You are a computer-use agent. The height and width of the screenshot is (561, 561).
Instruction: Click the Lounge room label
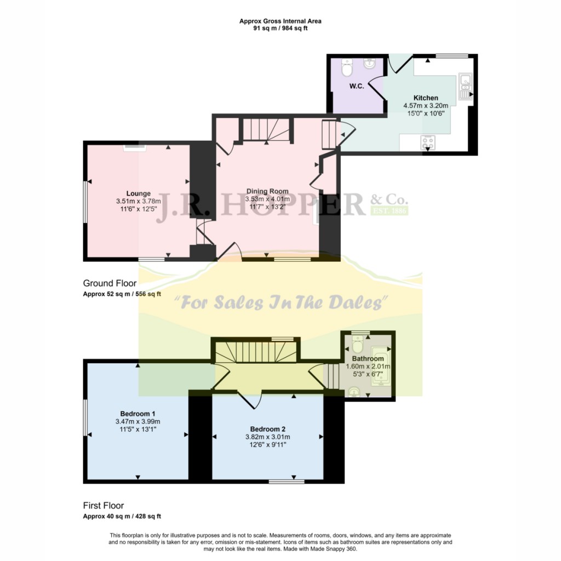[x=139, y=193]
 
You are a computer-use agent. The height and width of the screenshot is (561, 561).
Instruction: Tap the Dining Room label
[x=267, y=191]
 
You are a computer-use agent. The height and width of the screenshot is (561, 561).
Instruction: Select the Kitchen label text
[x=426, y=98]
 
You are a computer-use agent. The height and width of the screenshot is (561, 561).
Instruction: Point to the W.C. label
[x=357, y=86]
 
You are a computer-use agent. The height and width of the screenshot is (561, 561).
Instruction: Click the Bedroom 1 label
[x=138, y=414]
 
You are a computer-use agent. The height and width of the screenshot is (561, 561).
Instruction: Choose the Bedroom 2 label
[x=267, y=429]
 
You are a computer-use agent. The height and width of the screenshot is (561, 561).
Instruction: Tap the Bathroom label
[x=368, y=358]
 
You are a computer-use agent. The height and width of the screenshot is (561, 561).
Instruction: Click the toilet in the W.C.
[x=347, y=67]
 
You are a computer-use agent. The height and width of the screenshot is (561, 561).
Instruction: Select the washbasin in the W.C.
[x=370, y=64]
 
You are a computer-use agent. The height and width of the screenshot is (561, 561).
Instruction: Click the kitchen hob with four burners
[x=428, y=142]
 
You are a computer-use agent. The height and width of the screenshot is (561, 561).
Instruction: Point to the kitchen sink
[x=466, y=87]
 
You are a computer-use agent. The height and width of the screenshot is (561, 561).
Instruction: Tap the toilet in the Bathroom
[x=357, y=344]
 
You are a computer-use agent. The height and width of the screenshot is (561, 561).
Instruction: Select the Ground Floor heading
[x=110, y=283]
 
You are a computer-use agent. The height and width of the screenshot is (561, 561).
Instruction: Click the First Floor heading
[x=104, y=506]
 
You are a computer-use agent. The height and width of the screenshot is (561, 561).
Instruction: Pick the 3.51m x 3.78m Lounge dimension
[x=139, y=202]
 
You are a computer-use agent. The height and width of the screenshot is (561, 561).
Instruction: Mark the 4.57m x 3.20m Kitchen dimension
[x=426, y=106]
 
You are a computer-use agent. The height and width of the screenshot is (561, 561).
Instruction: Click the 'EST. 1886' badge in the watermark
[x=390, y=210]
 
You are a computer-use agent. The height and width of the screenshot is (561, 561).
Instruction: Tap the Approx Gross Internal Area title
[x=280, y=21]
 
